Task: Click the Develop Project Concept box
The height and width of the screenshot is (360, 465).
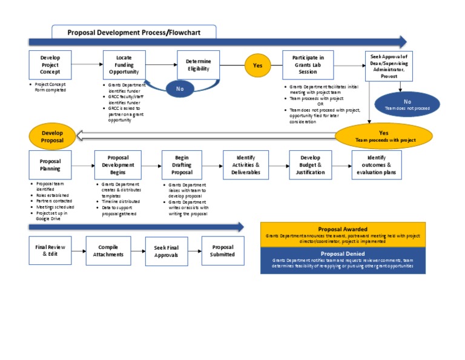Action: tap(50, 65)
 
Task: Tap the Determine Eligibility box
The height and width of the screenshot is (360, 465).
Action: tap(198, 65)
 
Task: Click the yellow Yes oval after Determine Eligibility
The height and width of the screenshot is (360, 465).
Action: tap(257, 65)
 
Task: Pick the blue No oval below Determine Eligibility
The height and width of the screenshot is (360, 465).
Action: tap(180, 89)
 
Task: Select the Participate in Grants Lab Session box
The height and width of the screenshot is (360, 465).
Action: tap(308, 65)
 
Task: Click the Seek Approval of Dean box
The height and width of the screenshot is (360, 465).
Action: tap(389, 65)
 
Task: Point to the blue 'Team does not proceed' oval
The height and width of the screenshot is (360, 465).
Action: tap(407, 104)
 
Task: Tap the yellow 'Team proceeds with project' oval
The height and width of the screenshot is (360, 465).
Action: tap(384, 136)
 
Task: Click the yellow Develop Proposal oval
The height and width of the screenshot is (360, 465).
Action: tap(52, 136)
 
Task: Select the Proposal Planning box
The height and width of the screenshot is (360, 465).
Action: tap(50, 165)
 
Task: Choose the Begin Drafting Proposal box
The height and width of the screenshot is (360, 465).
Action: tap(182, 165)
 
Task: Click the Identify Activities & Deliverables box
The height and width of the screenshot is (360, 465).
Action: tap(246, 165)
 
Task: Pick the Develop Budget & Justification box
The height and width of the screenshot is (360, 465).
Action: tap(311, 165)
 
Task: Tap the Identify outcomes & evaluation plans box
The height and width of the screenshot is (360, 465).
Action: tap(377, 165)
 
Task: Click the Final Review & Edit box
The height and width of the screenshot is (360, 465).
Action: tap(50, 250)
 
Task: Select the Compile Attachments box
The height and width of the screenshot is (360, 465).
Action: tap(108, 250)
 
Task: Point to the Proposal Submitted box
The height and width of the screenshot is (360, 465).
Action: tap(223, 250)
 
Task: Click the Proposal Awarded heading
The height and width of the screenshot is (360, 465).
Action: tap(343, 229)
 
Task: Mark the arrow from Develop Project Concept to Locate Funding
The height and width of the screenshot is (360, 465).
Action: tap(88, 64)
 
